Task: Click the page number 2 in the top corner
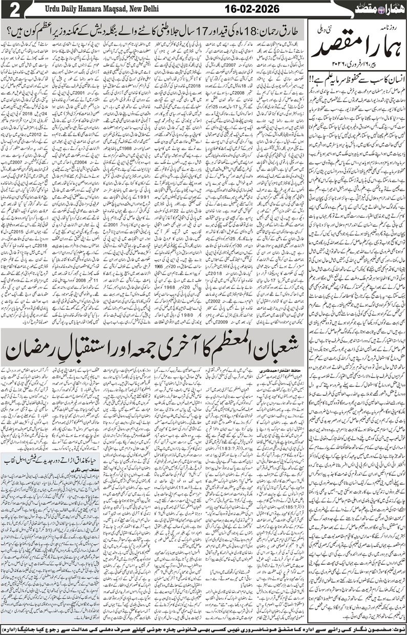coord(11,10)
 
